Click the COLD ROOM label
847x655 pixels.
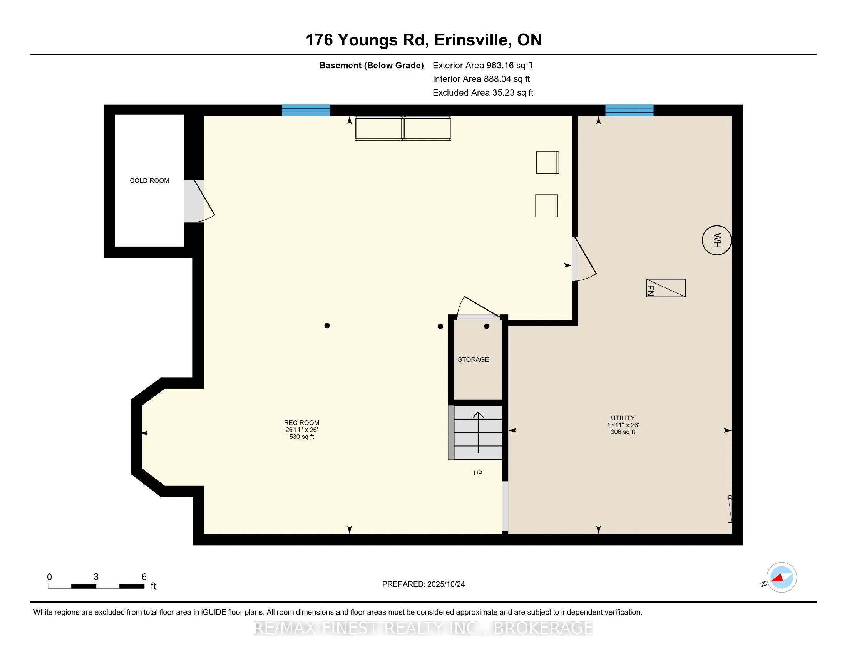click(149, 180)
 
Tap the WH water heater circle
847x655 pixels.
click(717, 240)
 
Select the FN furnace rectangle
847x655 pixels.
click(666, 288)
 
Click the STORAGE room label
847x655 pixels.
click(473, 359)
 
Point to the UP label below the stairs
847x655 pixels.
click(477, 473)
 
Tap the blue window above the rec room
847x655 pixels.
click(306, 110)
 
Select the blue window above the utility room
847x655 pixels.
click(629, 110)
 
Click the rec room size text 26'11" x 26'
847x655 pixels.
click(301, 430)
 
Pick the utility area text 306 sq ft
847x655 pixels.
click(623, 432)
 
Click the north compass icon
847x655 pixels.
click(781, 578)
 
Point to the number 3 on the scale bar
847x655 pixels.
click(96, 577)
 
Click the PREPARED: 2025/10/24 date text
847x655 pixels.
click(423, 584)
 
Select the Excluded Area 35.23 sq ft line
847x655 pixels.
click(483, 93)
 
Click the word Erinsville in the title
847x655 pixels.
click(470, 40)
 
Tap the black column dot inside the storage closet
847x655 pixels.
click(487, 326)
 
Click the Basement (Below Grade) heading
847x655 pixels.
click(371, 65)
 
